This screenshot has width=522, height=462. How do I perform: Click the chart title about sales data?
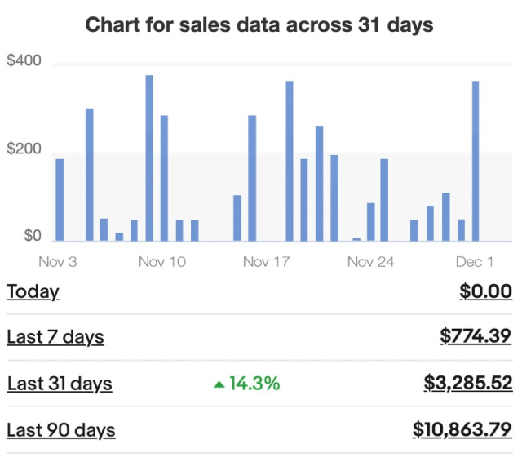tap(259, 25)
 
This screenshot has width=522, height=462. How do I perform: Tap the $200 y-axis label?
tap(24, 150)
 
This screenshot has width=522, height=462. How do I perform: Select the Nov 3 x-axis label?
tap(58, 262)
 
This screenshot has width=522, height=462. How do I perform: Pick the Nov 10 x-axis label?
tap(162, 262)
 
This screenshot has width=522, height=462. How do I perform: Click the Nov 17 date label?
tap(267, 262)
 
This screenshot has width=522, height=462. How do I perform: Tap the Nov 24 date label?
tap(371, 262)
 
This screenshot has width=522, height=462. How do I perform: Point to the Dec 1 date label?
tap(475, 262)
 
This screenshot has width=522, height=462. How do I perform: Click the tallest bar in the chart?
tap(149, 158)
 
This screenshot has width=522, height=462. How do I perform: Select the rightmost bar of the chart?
tap(476, 161)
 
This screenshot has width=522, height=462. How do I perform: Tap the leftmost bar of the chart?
tap(60, 200)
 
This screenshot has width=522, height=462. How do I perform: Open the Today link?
tap(33, 291)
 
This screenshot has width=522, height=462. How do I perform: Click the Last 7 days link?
tap(55, 336)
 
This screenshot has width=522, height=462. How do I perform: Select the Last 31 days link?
tap(60, 383)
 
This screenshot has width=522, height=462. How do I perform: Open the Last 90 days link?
tap(61, 429)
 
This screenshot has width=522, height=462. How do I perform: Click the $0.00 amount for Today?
tap(485, 291)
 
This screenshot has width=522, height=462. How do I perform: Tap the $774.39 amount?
tap(476, 336)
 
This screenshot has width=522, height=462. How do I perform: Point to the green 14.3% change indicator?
tap(247, 383)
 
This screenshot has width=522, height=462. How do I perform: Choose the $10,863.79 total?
tap(462, 429)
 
